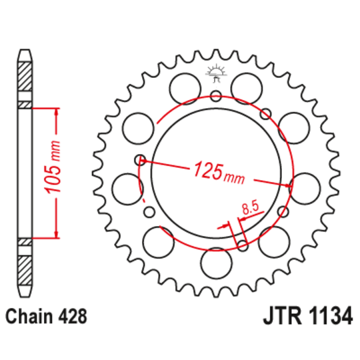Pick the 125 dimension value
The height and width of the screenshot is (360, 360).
click(x=206, y=171)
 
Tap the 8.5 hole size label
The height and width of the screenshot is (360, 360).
click(x=250, y=208)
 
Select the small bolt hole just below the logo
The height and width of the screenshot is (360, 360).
click(x=217, y=95)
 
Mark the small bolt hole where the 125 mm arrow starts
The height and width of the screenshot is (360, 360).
click(x=140, y=159)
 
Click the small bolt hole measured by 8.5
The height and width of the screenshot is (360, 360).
click(x=243, y=245)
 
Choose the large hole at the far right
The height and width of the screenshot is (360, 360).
click(x=304, y=186)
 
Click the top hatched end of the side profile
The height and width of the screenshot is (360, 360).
click(x=25, y=73)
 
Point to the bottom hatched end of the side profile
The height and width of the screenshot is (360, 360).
click(x=25, y=270)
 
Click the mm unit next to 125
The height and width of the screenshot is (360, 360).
click(x=234, y=178)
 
